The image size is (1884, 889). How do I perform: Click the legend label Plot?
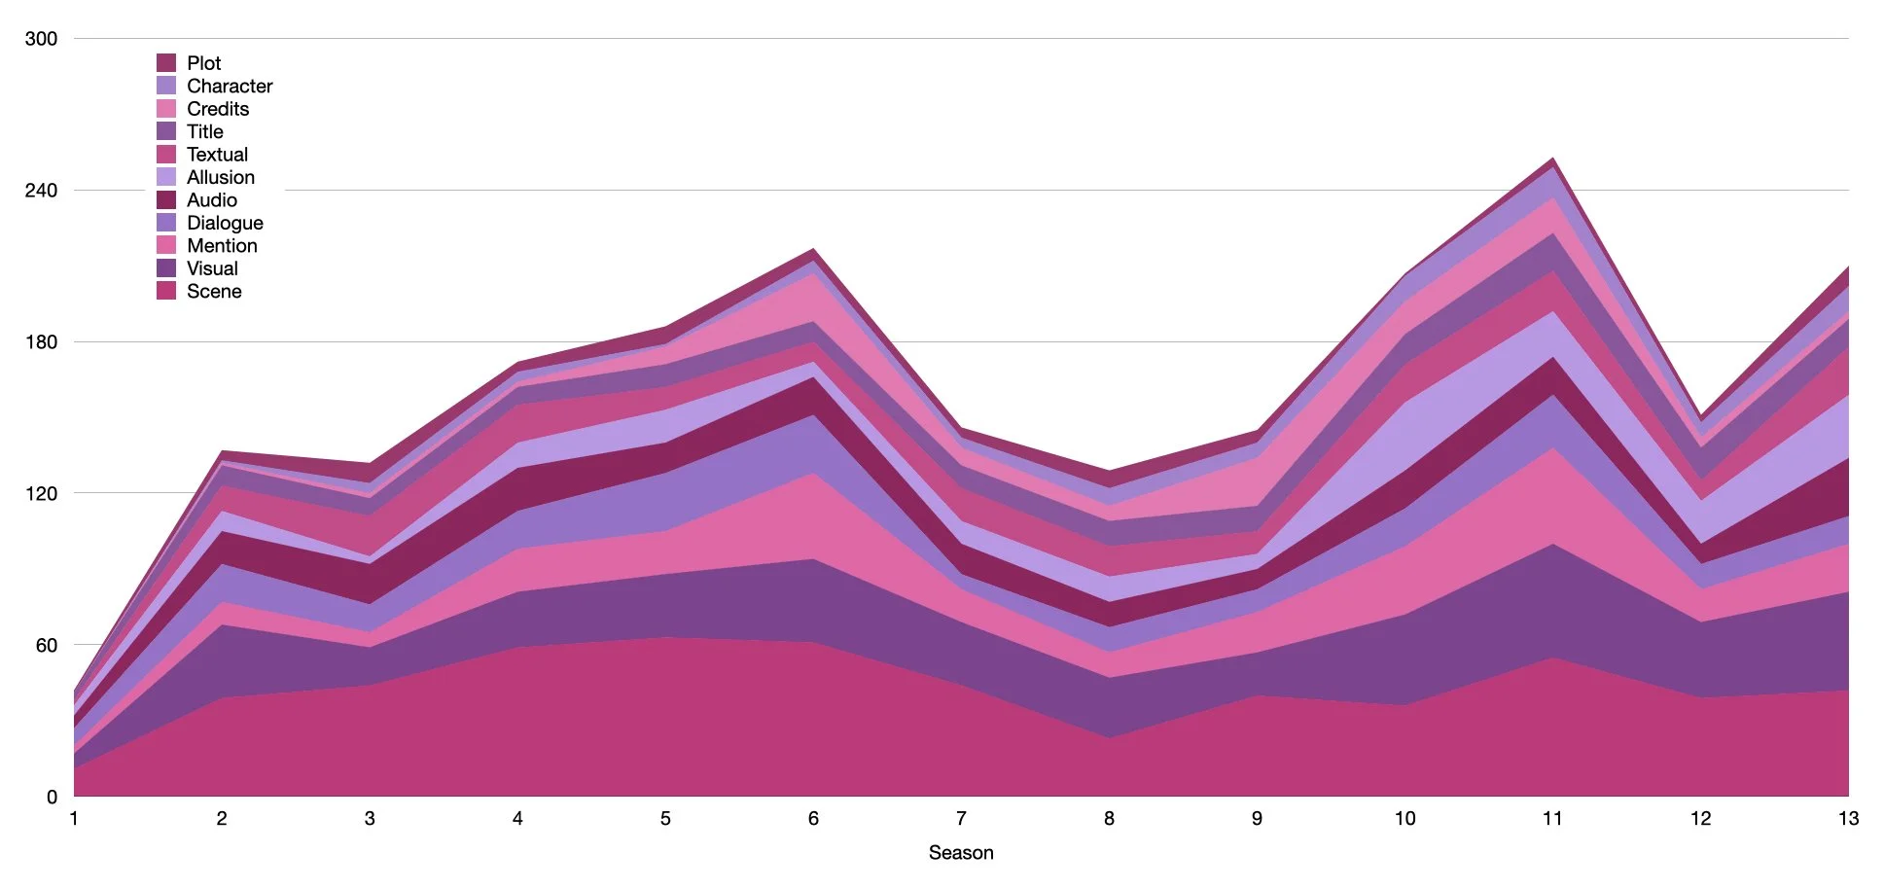[203, 63]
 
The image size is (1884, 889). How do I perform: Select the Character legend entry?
[230, 87]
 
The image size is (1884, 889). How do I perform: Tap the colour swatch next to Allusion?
[166, 177]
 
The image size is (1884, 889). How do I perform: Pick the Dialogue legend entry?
[225, 223]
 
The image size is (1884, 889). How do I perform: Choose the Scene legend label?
[214, 292]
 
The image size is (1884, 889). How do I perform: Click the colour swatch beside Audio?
[166, 200]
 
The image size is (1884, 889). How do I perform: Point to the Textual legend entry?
[217, 155]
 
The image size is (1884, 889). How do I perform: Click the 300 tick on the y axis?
[41, 39]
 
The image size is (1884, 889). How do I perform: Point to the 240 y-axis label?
[41, 191]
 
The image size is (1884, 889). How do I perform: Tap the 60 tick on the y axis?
[46, 646]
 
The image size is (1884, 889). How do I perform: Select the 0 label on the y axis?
[52, 798]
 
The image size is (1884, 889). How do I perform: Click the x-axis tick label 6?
[813, 819]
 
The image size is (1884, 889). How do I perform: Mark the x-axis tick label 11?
[1552, 819]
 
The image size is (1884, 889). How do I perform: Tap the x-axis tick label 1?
[74, 819]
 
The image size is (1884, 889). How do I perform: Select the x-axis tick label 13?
[1848, 819]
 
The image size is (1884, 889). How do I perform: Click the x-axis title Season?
[961, 853]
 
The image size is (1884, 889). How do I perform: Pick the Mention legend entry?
[222, 246]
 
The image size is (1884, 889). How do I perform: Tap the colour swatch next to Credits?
[166, 109]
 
